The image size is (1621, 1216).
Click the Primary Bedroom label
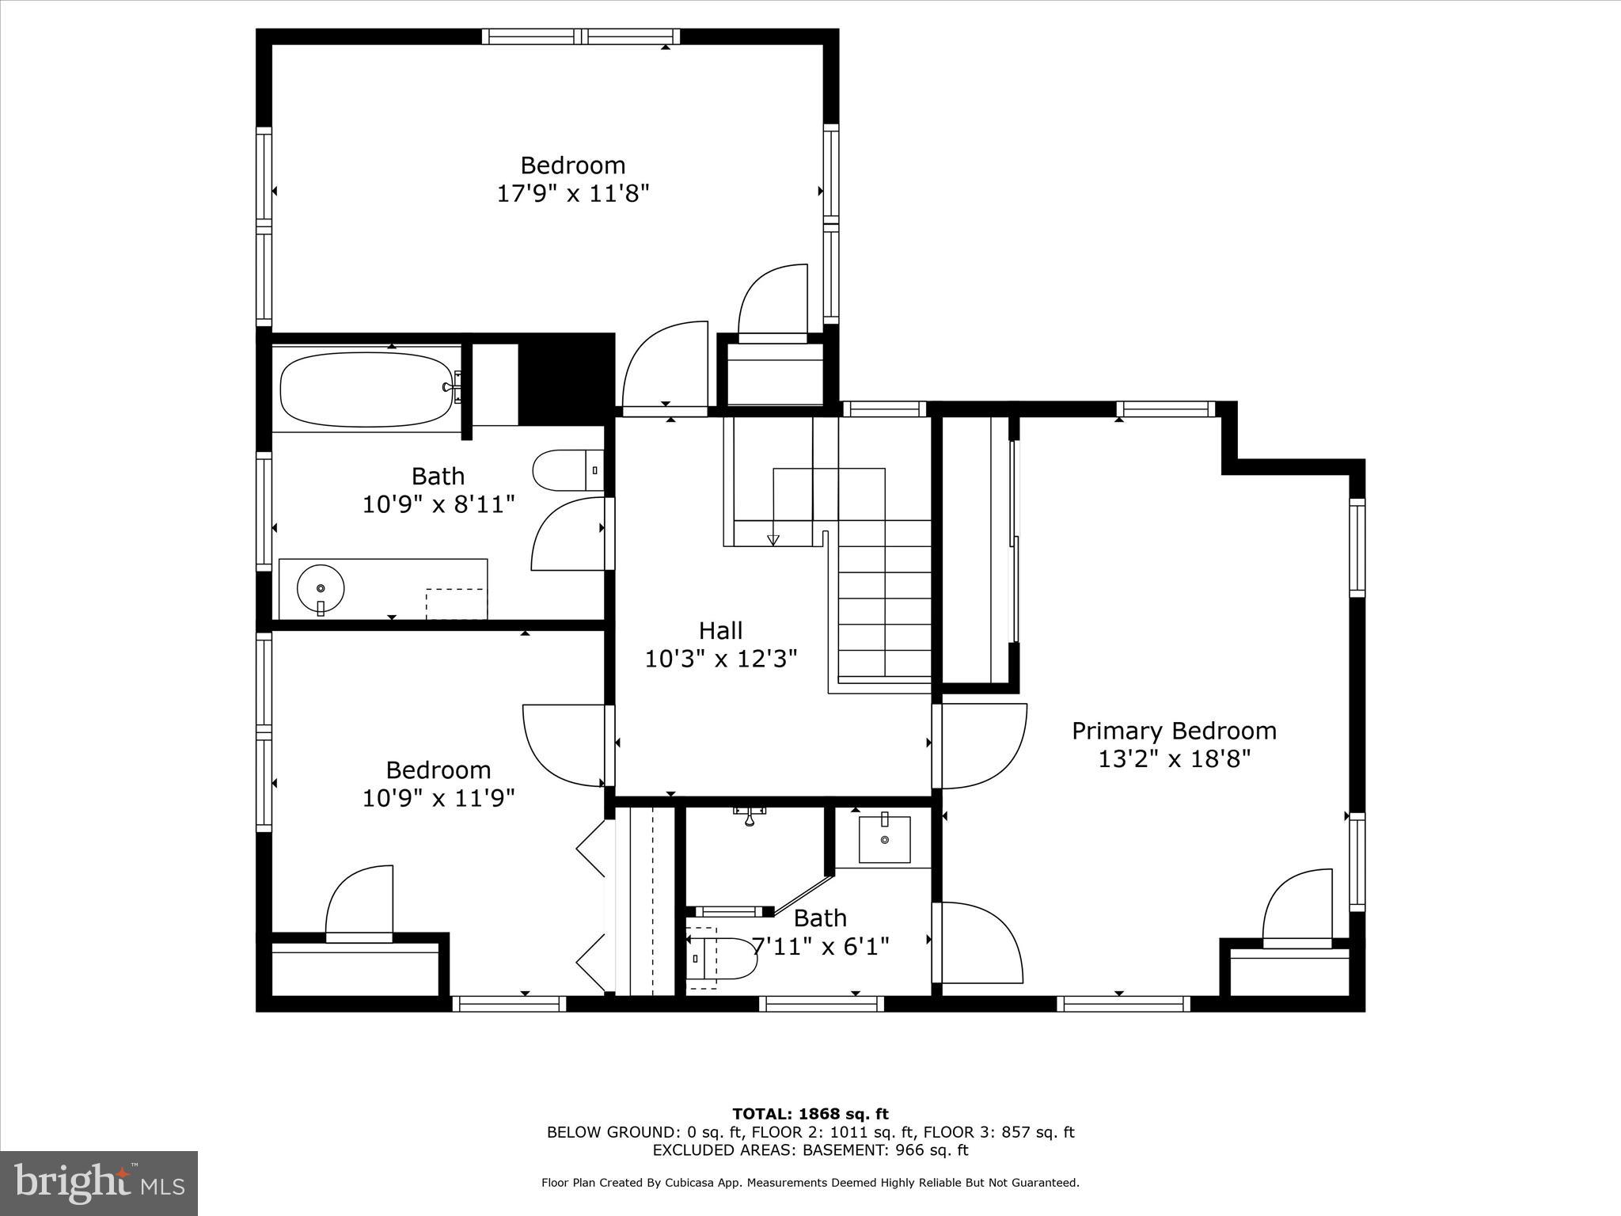1174,731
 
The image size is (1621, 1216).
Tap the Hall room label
720,631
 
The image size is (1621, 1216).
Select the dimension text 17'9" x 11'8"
573,194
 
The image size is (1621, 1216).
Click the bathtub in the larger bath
367,389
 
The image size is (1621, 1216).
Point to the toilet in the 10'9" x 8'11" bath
564,471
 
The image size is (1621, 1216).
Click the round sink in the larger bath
321,588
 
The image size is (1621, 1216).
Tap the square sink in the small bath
884,839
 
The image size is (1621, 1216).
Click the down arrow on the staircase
773,540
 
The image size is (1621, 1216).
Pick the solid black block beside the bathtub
566,378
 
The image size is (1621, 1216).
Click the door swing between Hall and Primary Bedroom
981,746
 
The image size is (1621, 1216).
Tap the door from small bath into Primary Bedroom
978,942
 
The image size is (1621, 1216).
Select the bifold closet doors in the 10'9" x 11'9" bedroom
592,906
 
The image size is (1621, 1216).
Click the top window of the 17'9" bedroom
582,36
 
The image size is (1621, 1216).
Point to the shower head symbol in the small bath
749,816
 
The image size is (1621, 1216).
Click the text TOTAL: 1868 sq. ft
810,1115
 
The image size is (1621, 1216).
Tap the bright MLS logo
99,1183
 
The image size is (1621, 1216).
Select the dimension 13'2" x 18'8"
1174,759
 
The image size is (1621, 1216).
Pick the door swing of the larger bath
567,534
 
